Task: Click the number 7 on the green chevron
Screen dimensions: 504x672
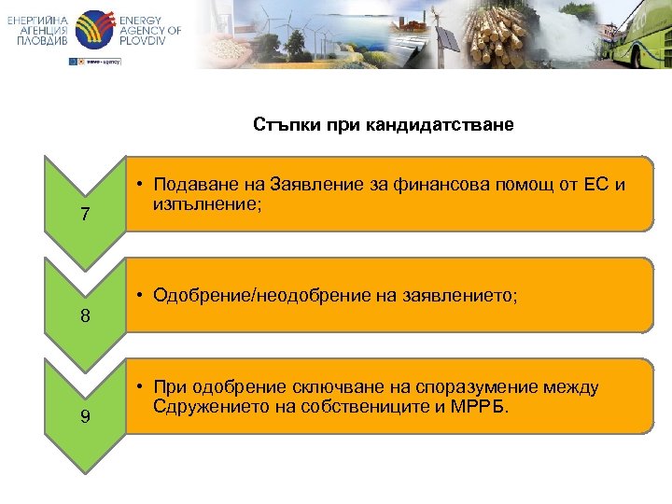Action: coord(85,215)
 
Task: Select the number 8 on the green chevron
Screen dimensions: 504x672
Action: coord(85,315)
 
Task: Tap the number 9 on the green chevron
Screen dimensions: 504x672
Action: coord(85,416)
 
